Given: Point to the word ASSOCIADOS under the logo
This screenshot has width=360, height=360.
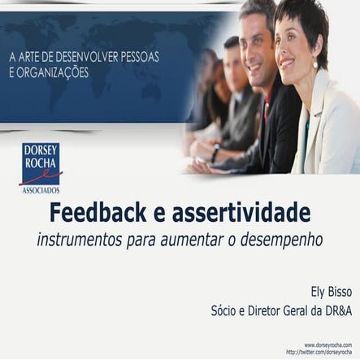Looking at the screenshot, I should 40,189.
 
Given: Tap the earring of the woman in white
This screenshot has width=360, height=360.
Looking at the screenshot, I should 315,63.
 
